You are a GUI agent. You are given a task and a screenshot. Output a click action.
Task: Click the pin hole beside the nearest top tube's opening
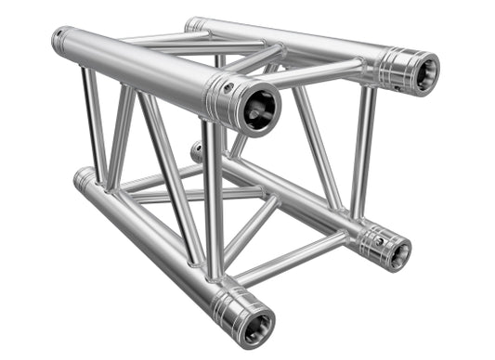click(x=228, y=89)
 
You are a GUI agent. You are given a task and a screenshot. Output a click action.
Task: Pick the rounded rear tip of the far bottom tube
click(x=196, y=150)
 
